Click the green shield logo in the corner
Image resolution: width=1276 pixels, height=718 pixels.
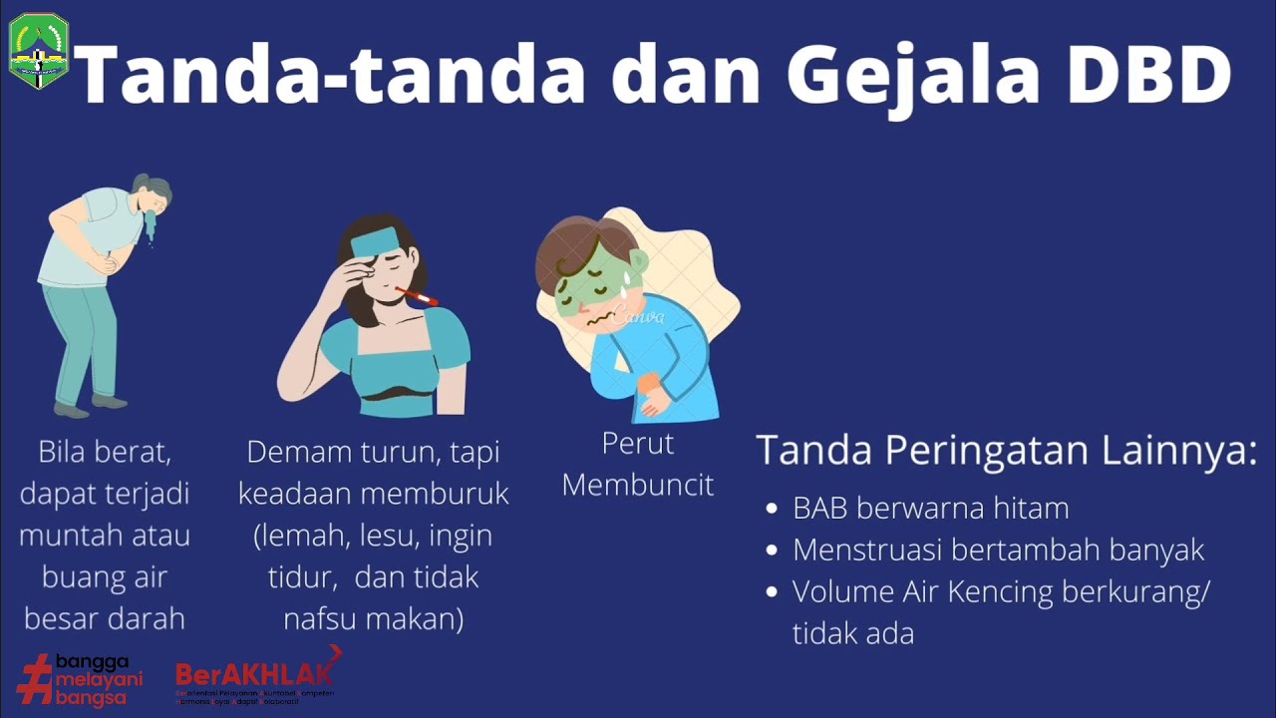[x=39, y=51]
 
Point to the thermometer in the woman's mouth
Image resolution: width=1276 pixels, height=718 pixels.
[x=417, y=297]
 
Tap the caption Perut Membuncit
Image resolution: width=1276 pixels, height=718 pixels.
[x=638, y=464]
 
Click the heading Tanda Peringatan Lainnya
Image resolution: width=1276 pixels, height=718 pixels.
[x=1006, y=451]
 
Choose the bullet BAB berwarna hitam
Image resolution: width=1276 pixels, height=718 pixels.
[x=930, y=509]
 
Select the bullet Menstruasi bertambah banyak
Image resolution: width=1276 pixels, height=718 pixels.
[x=998, y=550]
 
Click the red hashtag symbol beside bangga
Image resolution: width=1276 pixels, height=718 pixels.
[x=34, y=678]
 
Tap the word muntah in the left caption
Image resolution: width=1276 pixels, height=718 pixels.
[x=64, y=536]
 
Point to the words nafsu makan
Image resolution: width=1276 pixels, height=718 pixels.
[x=373, y=619]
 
